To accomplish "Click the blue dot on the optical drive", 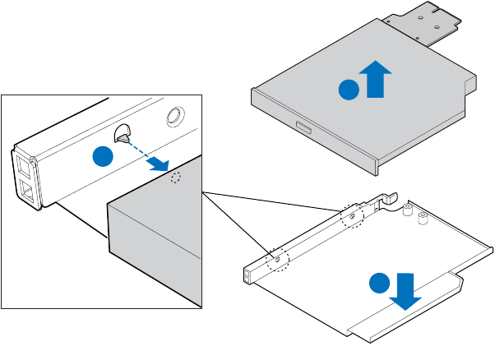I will pos(350,88).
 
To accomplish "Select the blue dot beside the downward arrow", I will pos(378,283).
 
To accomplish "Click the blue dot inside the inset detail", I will pos(101,158).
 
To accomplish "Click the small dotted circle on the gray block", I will pos(174,178).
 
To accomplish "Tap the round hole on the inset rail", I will pos(176,116).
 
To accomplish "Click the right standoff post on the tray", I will pos(423,219).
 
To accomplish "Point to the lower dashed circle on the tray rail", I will pos(278,259).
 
